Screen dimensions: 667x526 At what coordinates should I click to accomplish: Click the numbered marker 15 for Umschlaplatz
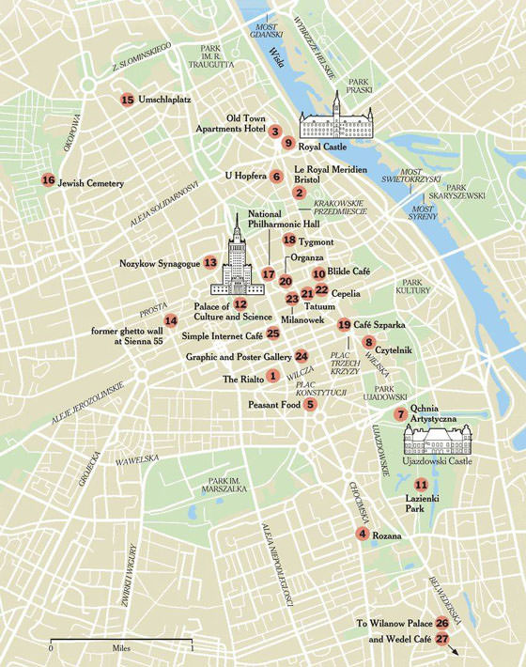point(127,99)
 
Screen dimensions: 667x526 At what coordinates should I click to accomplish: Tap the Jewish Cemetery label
point(90,183)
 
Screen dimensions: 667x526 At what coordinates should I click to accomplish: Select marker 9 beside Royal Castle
point(287,144)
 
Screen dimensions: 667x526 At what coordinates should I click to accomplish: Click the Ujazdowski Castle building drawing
point(438,439)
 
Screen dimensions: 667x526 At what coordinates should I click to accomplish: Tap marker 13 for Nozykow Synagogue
point(210,263)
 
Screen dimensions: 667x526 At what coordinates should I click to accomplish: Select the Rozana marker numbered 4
point(362,535)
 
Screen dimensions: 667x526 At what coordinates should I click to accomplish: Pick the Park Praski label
point(359,85)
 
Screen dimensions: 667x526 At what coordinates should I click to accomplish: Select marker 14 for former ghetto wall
point(170,319)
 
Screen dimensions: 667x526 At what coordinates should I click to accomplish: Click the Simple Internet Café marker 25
point(272,333)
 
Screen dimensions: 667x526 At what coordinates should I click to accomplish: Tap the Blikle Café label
point(349,271)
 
